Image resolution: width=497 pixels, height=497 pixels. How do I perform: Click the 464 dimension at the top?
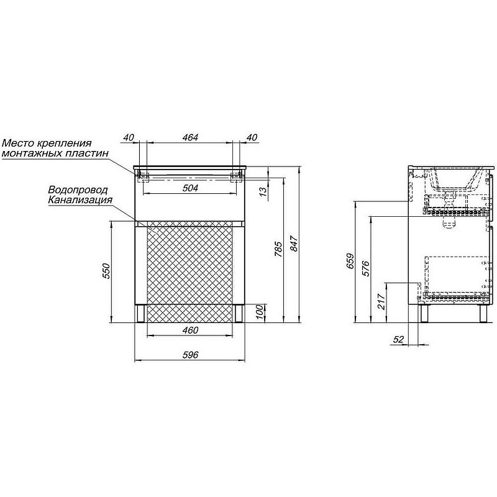190,137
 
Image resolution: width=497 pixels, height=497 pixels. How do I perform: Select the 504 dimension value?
190,188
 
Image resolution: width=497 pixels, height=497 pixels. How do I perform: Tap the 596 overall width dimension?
190,355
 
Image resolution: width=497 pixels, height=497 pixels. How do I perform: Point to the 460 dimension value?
190,331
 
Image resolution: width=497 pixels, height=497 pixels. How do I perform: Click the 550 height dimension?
106,271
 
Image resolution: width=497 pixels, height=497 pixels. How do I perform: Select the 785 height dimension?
278,249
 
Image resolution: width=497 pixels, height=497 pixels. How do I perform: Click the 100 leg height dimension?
259,312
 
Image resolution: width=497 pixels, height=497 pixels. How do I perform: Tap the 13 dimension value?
263,192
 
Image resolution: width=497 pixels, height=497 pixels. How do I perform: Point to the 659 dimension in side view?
350,261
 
